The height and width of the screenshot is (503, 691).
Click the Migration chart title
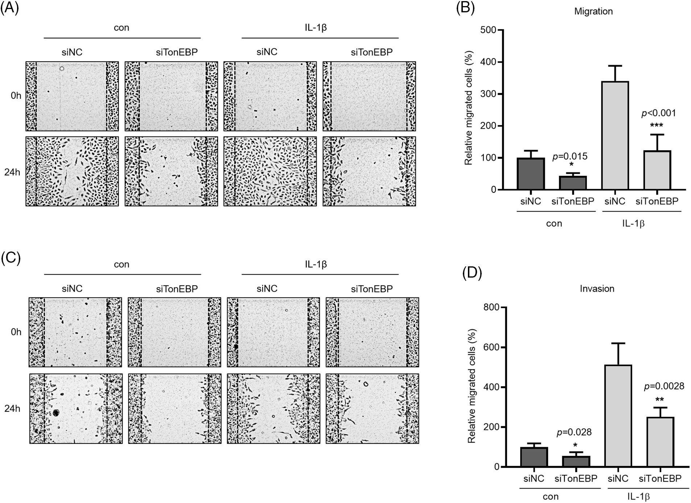click(x=593, y=12)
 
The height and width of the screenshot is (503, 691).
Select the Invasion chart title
click(x=597, y=289)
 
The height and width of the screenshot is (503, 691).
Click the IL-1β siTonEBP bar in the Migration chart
click(x=657, y=170)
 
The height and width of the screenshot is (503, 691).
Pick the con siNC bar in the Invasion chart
click(x=534, y=457)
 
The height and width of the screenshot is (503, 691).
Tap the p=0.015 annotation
click(x=569, y=157)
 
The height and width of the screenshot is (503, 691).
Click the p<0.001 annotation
click(x=659, y=113)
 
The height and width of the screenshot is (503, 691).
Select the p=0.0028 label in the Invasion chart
click(x=664, y=386)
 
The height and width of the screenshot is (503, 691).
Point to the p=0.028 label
click(x=574, y=432)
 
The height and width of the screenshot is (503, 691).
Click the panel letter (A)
click(x=9, y=8)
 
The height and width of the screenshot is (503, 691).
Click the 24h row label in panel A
click(x=12, y=172)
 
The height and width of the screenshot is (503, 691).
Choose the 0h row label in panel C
click(x=16, y=332)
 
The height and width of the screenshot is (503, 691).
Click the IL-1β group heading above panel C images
click(x=316, y=265)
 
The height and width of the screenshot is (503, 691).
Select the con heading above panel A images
click(x=121, y=28)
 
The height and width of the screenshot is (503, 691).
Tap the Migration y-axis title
click(x=469, y=108)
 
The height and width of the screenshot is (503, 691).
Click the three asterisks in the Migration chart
click(x=657, y=126)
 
